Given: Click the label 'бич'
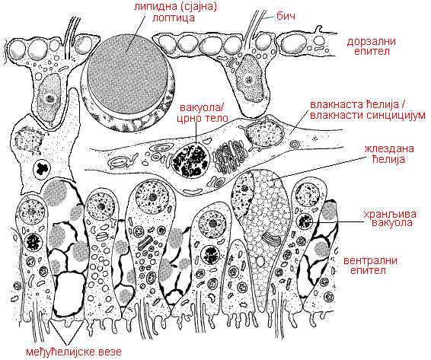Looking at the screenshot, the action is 286,17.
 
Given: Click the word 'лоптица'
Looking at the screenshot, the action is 174,18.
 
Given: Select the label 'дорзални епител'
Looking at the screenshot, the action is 372,46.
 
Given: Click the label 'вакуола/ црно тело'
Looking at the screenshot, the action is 204,113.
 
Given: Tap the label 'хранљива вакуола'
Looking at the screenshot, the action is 390,218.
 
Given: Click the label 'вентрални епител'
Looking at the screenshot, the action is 370,265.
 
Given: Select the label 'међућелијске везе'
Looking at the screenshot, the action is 74,352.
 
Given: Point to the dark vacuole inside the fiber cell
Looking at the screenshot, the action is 191,160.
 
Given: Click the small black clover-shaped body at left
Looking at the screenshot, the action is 42,168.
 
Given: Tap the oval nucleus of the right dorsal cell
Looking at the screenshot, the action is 248,78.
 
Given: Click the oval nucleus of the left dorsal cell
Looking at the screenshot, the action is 49,97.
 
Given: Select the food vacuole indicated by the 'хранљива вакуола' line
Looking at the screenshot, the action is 305,220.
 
